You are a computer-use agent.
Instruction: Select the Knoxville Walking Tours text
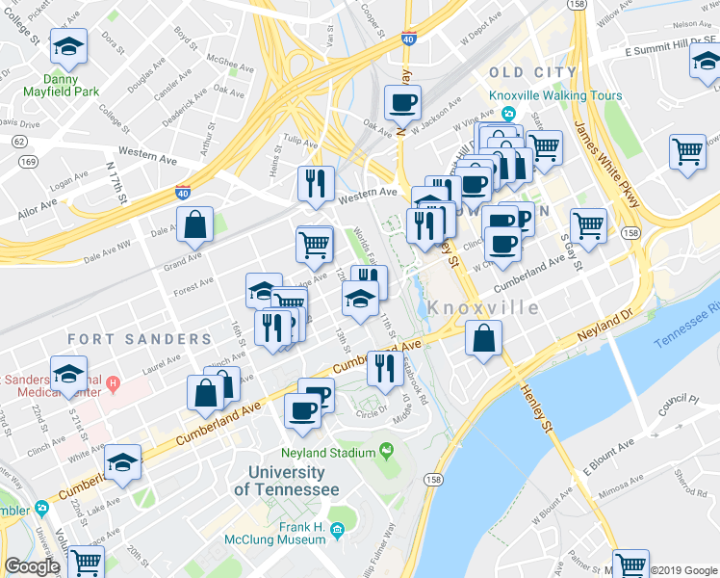(x=555, y=96)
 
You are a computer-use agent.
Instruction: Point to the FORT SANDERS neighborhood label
(x=140, y=339)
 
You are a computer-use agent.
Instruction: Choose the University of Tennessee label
(x=294, y=481)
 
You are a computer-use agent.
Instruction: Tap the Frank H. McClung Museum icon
(x=337, y=529)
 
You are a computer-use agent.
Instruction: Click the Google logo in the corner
(x=31, y=566)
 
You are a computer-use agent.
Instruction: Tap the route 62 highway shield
(x=18, y=141)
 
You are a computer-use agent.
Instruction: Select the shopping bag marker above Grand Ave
(x=194, y=223)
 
